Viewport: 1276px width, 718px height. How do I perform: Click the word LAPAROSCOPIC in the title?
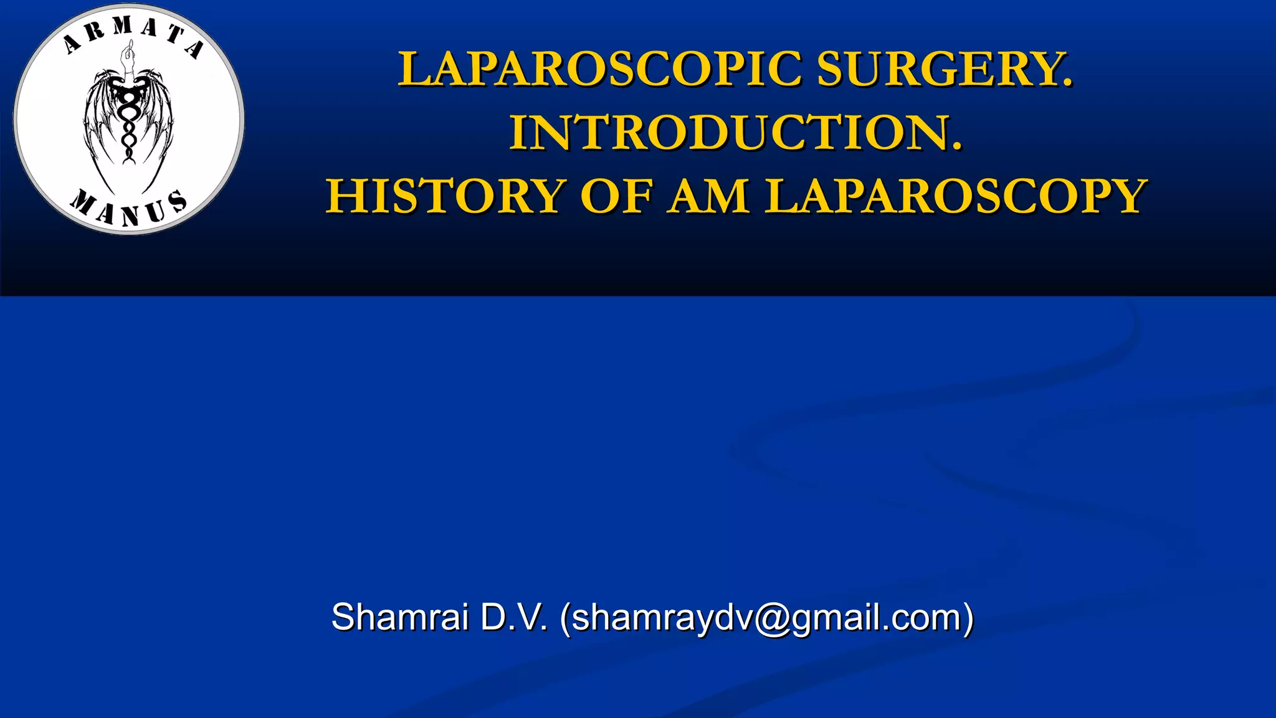coord(599,69)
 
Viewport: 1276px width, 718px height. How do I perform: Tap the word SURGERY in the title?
coord(944,69)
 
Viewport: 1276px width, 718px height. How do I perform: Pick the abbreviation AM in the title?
coord(708,197)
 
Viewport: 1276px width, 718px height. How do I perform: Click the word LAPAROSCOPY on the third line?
coord(956,197)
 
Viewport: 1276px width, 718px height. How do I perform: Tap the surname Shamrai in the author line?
coord(399,618)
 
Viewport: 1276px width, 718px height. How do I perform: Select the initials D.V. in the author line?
coord(514,618)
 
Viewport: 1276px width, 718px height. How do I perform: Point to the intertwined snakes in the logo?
coord(128,125)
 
